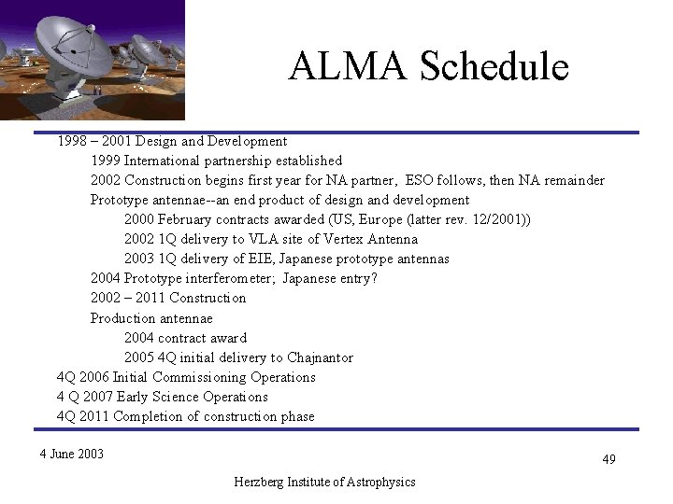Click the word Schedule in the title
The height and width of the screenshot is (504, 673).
pyautogui.click(x=494, y=66)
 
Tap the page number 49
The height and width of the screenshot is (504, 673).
pyautogui.click(x=609, y=459)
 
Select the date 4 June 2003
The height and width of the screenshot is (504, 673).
pyautogui.click(x=72, y=454)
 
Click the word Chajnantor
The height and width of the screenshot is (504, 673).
pyautogui.click(x=320, y=357)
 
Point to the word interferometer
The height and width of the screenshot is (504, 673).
pyautogui.click(x=228, y=278)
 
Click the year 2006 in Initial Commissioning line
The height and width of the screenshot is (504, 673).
pyautogui.click(x=93, y=377)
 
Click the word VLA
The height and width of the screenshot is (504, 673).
pyautogui.click(x=264, y=239)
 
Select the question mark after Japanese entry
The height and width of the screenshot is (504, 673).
pyautogui.click(x=374, y=278)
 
